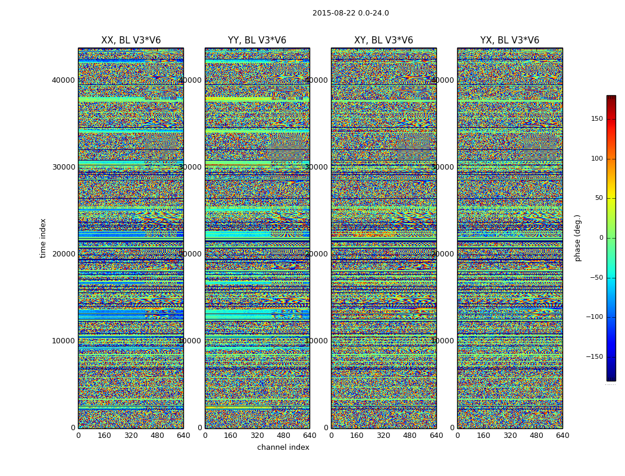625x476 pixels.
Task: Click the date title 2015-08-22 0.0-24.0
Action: pyautogui.click(x=351, y=13)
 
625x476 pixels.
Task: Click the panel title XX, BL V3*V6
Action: pyautogui.click(x=131, y=40)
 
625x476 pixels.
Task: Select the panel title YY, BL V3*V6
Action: pyautogui.click(x=257, y=40)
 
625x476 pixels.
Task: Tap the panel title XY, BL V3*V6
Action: pyautogui.click(x=383, y=40)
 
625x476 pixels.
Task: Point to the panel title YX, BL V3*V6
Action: pyautogui.click(x=510, y=40)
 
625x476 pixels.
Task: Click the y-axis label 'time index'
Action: pyautogui.click(x=43, y=238)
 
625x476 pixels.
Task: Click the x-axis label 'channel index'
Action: pyautogui.click(x=283, y=447)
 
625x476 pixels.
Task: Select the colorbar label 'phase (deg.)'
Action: pyautogui.click(x=577, y=238)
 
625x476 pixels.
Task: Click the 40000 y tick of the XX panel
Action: pyautogui.click(x=63, y=80)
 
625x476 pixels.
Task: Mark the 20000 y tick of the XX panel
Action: pyautogui.click(x=63, y=254)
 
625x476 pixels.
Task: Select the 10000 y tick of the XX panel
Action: pyautogui.click(x=63, y=341)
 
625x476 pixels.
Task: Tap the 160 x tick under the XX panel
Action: pyautogui.click(x=104, y=436)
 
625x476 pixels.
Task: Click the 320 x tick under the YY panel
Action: pyautogui.click(x=257, y=436)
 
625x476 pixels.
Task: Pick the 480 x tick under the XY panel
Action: pyautogui.click(x=410, y=436)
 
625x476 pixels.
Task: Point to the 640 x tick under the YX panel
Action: pyautogui.click(x=562, y=436)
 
